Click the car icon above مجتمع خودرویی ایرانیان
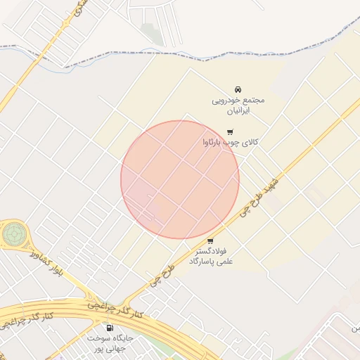coord(237,89)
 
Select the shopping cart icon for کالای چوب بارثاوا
coord(230,131)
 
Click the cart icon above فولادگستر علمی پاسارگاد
coord(210,240)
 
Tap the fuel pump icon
coord(110,328)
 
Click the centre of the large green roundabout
coord(13,233)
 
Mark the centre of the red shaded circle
coord(180,179)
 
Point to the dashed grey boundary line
coord(211,52)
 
